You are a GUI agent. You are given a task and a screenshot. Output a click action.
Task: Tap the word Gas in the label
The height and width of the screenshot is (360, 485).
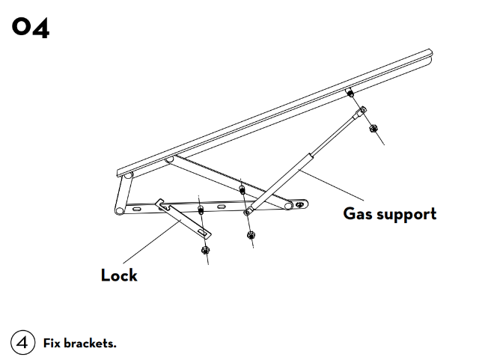(356, 213)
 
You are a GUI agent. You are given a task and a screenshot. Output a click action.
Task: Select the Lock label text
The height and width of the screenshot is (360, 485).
(119, 275)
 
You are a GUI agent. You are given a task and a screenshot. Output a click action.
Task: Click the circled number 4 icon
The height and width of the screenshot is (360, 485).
(22, 344)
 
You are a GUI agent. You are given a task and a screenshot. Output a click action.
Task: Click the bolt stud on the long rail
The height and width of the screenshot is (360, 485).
(350, 93)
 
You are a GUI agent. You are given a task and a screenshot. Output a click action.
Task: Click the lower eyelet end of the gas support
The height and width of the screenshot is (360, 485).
(248, 213)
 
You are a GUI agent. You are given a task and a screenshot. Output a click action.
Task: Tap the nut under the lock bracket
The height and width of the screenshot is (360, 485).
(206, 249)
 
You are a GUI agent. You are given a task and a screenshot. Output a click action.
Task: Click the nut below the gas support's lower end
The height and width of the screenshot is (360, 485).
(250, 234)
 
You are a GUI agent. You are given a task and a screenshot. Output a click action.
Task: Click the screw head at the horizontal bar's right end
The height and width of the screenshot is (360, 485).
(301, 204)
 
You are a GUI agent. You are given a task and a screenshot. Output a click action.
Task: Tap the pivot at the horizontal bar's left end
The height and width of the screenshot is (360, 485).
(118, 210)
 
